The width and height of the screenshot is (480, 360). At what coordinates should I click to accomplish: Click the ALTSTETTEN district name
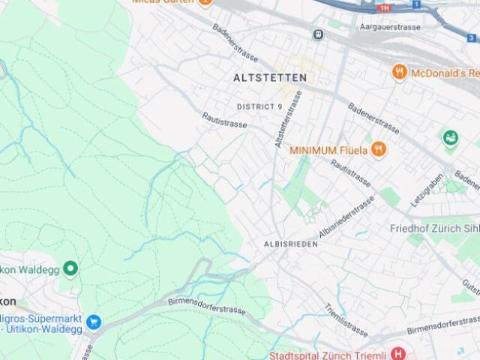point(270,77)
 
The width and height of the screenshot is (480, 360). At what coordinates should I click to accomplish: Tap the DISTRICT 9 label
point(259,106)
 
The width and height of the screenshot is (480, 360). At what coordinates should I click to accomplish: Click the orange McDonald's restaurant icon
point(400,72)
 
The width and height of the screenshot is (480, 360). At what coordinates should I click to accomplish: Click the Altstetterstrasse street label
point(288,118)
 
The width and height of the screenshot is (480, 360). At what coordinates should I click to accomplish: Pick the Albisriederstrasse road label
point(346,217)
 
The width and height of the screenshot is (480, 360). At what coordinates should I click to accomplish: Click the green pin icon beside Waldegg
point(70,268)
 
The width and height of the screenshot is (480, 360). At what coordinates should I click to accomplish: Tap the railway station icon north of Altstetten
point(319,34)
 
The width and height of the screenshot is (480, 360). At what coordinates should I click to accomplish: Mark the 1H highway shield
point(385,7)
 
